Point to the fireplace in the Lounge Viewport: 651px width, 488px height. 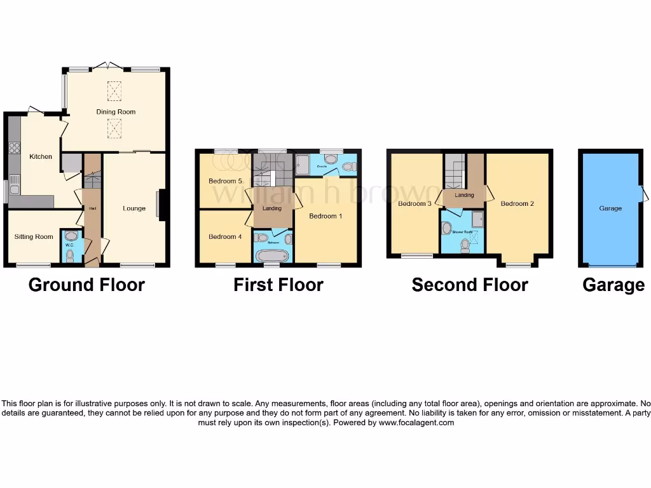pos(160,205)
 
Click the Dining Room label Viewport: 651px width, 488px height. pos(116,112)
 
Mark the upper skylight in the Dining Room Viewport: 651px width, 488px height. pos(114,91)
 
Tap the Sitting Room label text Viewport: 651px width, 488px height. pos(34,237)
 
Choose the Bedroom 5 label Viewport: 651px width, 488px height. pos(225,181)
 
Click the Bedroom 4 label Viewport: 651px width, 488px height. pos(225,237)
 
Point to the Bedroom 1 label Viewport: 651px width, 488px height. pos(325,216)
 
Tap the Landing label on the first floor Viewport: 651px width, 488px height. pos(272,208)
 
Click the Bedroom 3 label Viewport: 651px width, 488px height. pos(415,204)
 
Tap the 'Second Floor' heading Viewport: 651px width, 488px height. pos(469,285)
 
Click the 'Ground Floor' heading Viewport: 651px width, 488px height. pos(86,285)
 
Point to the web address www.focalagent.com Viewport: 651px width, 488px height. pos(416,423)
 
